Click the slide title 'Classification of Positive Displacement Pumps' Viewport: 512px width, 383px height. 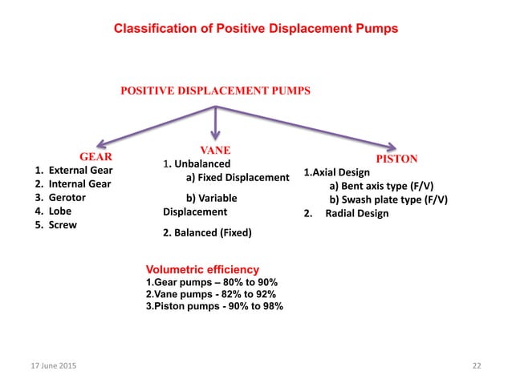255,29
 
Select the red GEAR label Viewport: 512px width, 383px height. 94,155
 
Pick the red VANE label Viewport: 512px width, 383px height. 215,150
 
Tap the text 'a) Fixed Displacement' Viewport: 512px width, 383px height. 237,177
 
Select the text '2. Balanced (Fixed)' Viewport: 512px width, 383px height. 207,233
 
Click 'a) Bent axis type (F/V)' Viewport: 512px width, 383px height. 382,186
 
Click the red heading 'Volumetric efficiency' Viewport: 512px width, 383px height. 202,269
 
